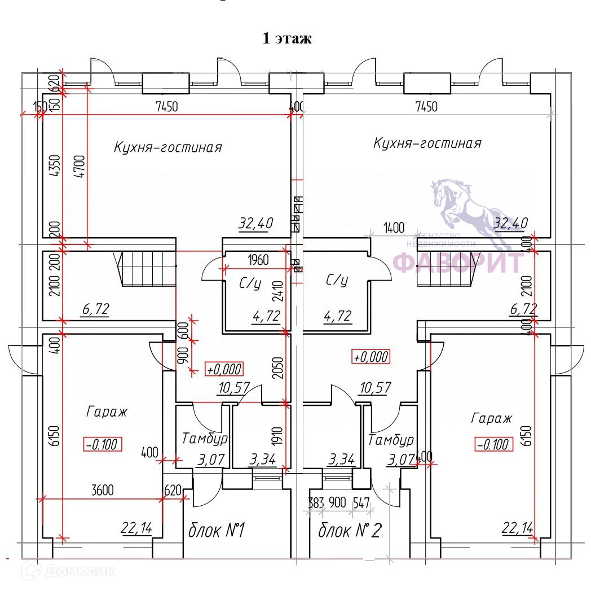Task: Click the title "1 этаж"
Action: [286, 39]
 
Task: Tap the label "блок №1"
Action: [216, 531]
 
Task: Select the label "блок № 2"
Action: [350, 531]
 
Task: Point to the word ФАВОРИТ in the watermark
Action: [458, 262]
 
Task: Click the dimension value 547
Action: [360, 502]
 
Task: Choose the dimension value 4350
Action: [54, 167]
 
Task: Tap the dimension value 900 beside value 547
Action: [337, 502]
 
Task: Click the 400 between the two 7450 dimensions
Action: [297, 107]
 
